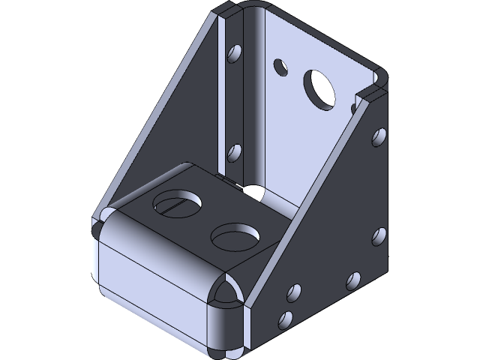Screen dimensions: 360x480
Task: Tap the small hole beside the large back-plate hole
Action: (x=281, y=67)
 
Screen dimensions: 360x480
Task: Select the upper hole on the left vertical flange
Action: (x=235, y=55)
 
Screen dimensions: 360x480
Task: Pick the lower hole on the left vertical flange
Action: (x=234, y=152)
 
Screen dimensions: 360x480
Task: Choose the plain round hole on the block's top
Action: (x=235, y=235)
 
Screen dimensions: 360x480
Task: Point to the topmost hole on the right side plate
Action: (x=378, y=136)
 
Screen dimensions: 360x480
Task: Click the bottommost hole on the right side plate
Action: (x=284, y=319)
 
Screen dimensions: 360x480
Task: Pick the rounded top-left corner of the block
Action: (x=105, y=221)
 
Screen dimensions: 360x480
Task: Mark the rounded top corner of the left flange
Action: (x=225, y=10)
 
